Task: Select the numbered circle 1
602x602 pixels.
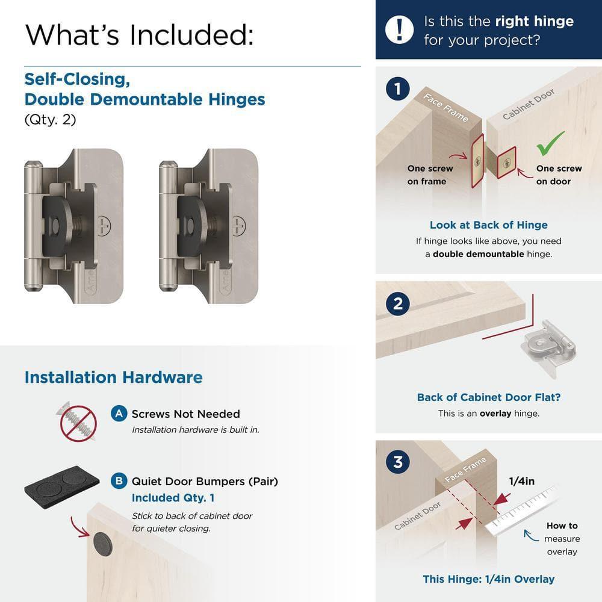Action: point(397,90)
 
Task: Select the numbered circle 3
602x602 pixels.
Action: point(397,462)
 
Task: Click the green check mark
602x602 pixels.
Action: point(550,144)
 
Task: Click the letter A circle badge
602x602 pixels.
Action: point(119,414)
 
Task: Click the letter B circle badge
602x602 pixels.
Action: point(119,481)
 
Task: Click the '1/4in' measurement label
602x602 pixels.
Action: point(522,480)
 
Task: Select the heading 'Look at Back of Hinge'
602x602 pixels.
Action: point(488,225)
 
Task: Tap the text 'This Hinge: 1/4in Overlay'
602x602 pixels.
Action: point(488,579)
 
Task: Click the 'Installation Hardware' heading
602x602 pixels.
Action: point(113,377)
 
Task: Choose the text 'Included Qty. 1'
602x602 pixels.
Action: point(173,498)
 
